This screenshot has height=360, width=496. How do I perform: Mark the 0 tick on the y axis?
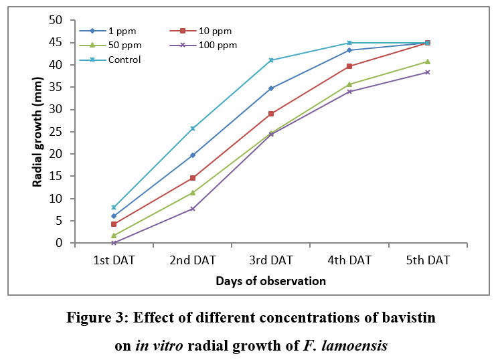click(58, 244)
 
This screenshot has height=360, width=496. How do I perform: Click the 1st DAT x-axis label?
click(114, 260)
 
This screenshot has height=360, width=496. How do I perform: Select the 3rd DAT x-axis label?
click(271, 260)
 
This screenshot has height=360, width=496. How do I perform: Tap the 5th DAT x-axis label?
click(428, 260)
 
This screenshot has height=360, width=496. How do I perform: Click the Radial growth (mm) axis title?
click(39, 132)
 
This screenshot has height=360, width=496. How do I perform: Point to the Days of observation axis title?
click(270, 281)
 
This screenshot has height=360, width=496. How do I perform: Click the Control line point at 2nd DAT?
click(193, 128)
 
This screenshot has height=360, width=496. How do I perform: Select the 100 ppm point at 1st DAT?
click(114, 243)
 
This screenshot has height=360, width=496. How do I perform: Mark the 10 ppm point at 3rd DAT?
click(271, 114)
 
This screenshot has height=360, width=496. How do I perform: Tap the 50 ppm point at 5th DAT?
click(428, 62)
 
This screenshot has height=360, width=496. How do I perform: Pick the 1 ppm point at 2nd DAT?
click(193, 155)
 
